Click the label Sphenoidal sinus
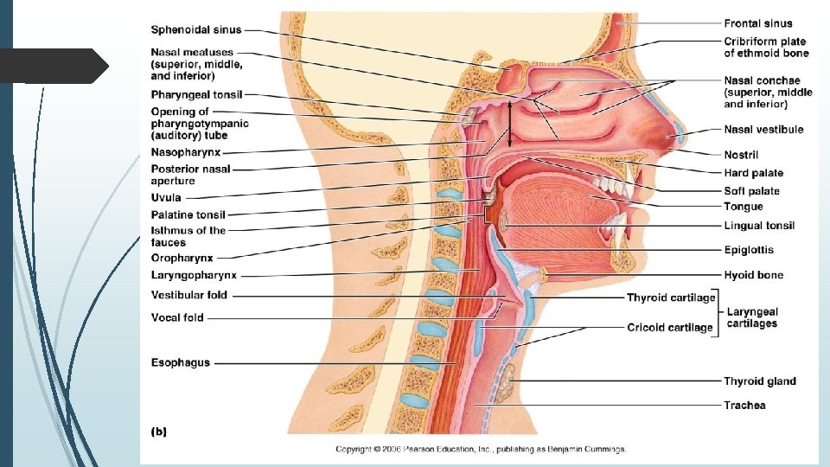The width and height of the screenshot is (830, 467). coord(196,30)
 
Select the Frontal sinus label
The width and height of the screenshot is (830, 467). coord(757,23)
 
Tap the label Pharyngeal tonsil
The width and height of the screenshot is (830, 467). coord(196,94)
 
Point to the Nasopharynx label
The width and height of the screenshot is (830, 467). coord(185,152)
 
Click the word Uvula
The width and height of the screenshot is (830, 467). coord(166,198)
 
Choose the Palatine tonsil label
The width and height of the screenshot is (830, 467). coord(188,214)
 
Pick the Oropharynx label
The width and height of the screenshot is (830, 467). coord(182,258)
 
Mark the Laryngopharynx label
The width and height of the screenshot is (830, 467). coord(194,275)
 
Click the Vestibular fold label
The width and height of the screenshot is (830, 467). coord(189,296)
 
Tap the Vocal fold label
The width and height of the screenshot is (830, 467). coord(177,317)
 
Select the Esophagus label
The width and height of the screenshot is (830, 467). coord(180,362)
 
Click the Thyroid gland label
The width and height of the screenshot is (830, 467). coord(759,381)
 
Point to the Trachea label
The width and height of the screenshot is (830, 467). coord(744,405)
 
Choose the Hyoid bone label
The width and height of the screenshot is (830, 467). coord(753,275)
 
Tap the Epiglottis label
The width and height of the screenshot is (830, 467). coord(748,250)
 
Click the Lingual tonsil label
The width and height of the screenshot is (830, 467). coord(758,226)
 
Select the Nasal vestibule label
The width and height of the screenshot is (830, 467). coord(763,130)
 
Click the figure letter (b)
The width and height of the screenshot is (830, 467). coord(159,430)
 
